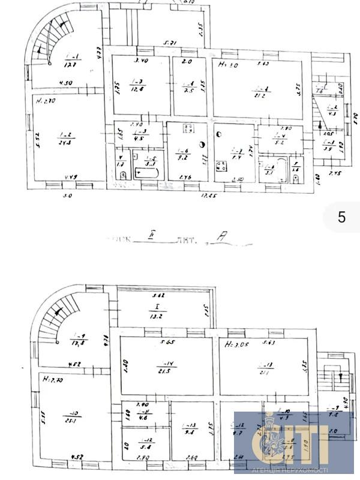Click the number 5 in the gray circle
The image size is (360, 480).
tap(341, 217)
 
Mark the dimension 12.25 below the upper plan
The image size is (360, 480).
tap(209, 196)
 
